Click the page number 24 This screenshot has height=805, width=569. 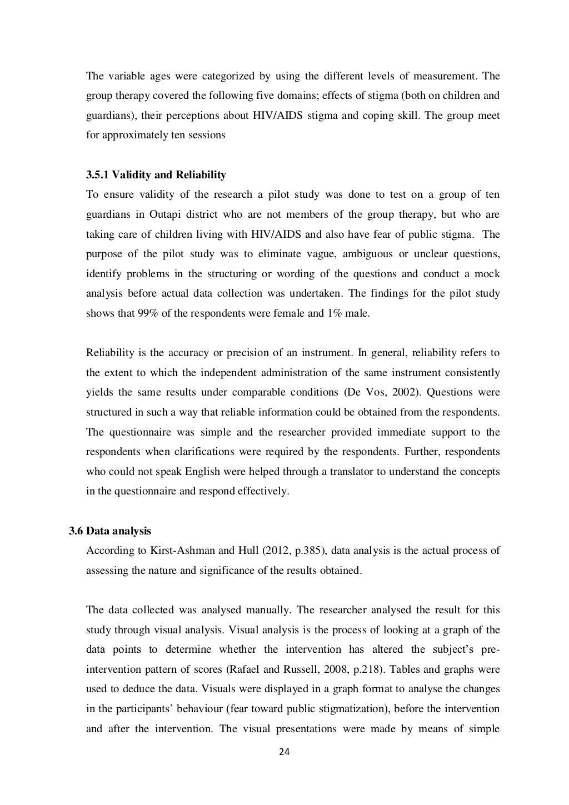coord(284,752)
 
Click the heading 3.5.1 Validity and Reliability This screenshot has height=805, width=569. coord(156,175)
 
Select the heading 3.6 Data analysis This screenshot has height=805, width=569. coord(109,531)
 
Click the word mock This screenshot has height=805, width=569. coord(487,274)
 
